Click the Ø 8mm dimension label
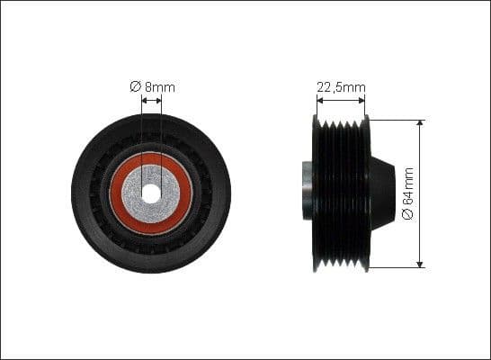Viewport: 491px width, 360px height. coord(152,86)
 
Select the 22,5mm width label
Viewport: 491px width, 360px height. coord(341,87)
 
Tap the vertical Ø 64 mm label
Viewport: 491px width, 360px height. coord(407,193)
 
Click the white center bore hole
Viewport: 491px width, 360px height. coord(151,193)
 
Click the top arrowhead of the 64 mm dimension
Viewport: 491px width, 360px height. coord(421,122)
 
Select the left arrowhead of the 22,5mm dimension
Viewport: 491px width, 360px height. coord(317,102)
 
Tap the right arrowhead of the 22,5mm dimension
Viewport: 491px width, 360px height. coord(364,102)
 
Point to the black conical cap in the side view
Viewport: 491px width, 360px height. coord(381,192)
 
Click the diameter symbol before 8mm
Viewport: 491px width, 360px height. coord(135,86)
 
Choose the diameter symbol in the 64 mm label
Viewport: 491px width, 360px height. coord(407,216)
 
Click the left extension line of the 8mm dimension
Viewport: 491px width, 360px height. coord(141,135)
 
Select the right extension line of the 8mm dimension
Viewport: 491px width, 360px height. coord(161,135)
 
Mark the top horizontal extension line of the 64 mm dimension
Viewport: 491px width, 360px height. coord(396,119)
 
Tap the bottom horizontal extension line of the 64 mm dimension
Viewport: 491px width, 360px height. coord(396,267)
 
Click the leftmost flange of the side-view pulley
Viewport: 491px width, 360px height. coord(317,192)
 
